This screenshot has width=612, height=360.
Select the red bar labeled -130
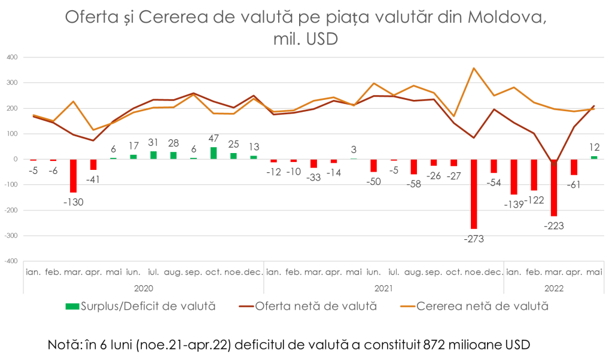tap(74, 176)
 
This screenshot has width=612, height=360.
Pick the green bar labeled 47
tap(214, 152)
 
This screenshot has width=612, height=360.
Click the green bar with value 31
tap(154, 155)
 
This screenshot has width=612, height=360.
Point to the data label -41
tap(93, 179)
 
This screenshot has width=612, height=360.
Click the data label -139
tap(513, 204)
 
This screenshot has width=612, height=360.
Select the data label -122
tap(534, 200)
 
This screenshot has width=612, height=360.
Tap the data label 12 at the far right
tap(594, 147)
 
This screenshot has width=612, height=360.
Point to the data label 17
tap(134, 146)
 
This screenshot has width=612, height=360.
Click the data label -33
tap(313, 178)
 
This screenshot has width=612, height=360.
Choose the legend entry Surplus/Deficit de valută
tap(140, 306)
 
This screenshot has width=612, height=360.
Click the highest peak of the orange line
tap(474, 68)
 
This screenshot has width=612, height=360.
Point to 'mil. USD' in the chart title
tap(305, 39)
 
